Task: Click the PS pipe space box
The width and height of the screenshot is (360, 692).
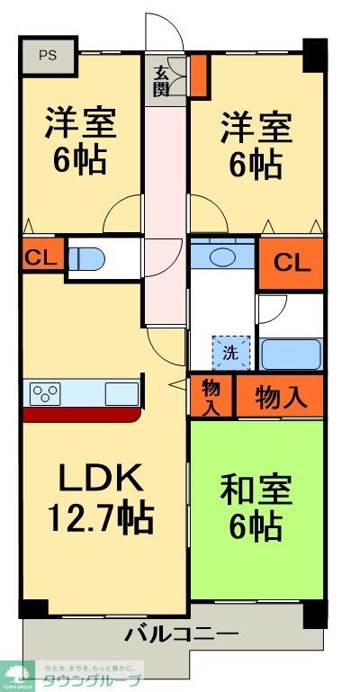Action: coord(48,54)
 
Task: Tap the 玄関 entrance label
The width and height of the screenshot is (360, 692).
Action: coord(162,82)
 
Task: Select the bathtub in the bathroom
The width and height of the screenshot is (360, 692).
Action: coord(291,354)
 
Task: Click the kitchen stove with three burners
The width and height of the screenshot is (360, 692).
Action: coord(46,394)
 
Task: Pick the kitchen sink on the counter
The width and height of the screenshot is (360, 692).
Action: coord(121,394)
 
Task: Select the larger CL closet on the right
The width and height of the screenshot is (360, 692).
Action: coord(292,264)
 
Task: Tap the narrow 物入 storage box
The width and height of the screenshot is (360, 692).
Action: coord(211,397)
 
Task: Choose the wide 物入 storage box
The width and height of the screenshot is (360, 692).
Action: coord(279,397)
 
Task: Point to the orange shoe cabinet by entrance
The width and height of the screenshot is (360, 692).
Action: coord(198,76)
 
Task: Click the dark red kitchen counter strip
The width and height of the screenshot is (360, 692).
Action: coord(81,415)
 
